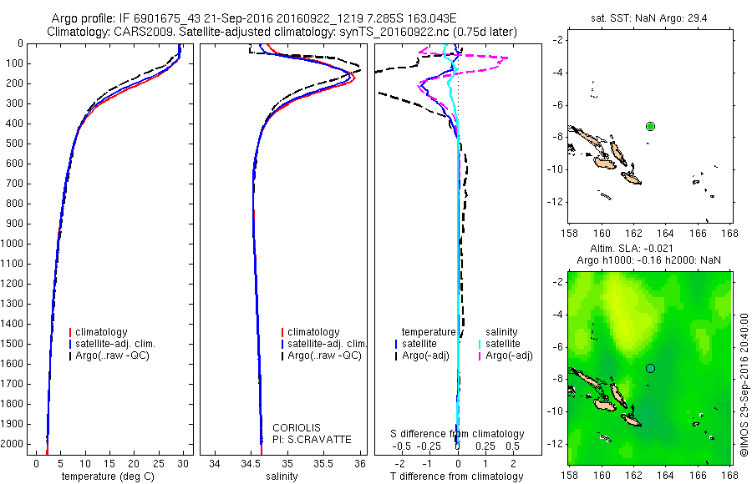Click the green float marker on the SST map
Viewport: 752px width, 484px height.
[x=650, y=126]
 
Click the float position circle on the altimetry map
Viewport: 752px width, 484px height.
[x=650, y=368]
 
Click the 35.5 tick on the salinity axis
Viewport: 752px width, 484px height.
[x=323, y=462]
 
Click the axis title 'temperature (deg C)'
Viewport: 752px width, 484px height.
[x=111, y=476]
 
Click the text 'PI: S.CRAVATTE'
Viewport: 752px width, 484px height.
[x=312, y=440]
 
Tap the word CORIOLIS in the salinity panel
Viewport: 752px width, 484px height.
[x=297, y=428]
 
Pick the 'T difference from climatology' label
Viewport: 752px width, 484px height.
[x=458, y=476]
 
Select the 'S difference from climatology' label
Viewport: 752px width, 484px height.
[x=458, y=434]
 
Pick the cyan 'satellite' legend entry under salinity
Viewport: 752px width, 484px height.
[x=506, y=344]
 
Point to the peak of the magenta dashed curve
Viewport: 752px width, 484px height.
[x=506, y=58]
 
